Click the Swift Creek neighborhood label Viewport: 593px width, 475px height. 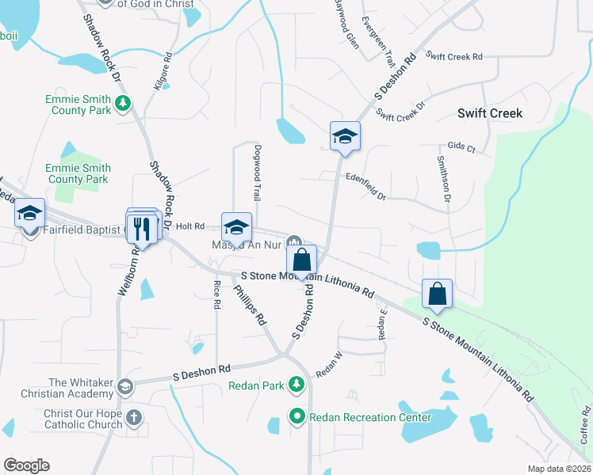pyautogui.click(x=490, y=113)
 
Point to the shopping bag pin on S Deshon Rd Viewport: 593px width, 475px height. pyautogui.click(x=302, y=260)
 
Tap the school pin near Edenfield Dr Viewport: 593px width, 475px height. pyautogui.click(x=345, y=136)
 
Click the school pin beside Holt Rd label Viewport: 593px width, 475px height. pyautogui.click(x=236, y=227)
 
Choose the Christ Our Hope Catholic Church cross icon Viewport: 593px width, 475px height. pyautogui.click(x=134, y=416)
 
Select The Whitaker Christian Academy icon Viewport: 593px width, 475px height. pyautogui.click(x=124, y=386)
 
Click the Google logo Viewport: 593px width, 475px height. pyautogui.click(x=26, y=465)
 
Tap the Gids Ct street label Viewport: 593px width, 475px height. pyautogui.click(x=461, y=148)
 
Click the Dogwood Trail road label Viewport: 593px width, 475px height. pyautogui.click(x=256, y=172)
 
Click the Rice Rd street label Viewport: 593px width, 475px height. pyautogui.click(x=216, y=294)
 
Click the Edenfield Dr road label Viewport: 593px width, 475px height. pyautogui.click(x=365, y=186)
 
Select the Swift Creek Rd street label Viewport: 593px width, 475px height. pyautogui.click(x=453, y=56)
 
